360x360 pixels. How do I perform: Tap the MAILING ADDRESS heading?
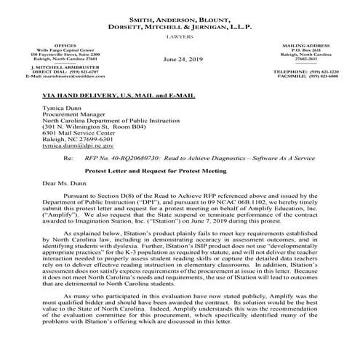(302, 43)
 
